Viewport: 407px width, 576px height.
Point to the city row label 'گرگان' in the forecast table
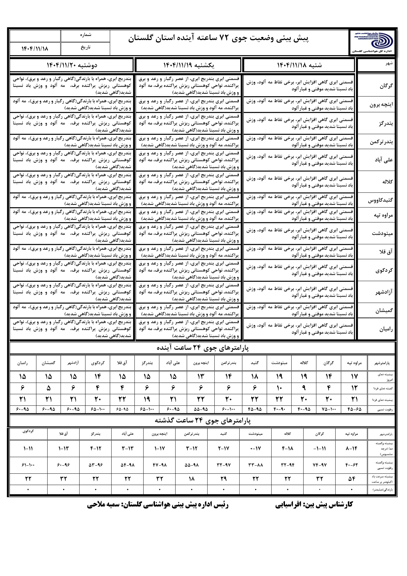click(x=386, y=86)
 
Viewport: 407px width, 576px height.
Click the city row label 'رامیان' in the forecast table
click(x=386, y=329)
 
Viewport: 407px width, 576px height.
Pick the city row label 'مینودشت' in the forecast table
click(x=382, y=234)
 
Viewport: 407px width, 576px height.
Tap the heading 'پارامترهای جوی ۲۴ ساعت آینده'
click(x=203, y=348)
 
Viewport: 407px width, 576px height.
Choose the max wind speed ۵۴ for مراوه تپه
click(x=352, y=479)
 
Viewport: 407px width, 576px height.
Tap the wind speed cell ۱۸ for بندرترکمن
click(x=192, y=479)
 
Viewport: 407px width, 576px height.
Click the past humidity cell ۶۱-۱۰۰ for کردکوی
click(x=28, y=465)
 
